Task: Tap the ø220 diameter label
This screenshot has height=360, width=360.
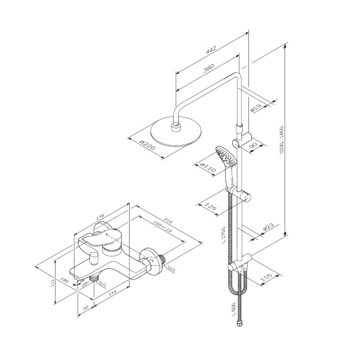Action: coord(148,146)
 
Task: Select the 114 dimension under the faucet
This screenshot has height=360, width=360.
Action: coord(111,294)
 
